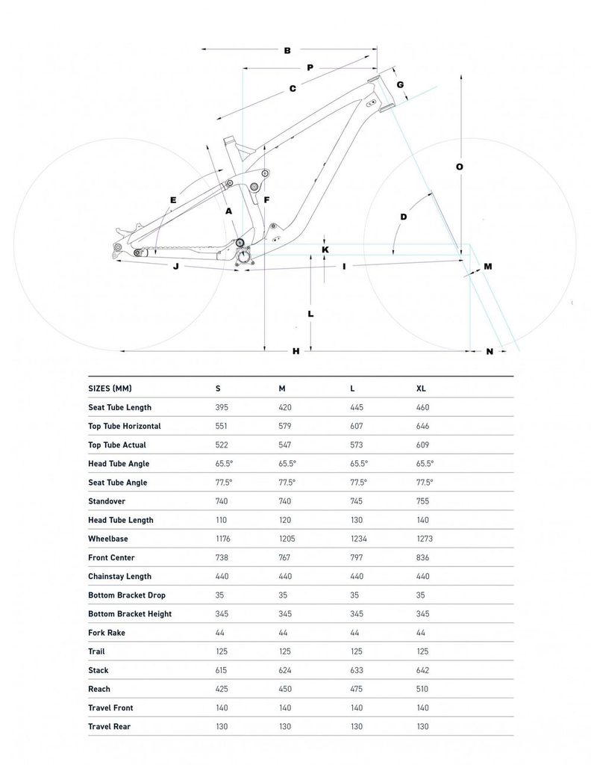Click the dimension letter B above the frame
[x=287, y=51]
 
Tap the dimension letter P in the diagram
[x=310, y=68]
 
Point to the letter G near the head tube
[x=400, y=84]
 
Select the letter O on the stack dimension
[x=460, y=167]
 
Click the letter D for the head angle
[x=404, y=217]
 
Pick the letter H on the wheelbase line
[x=295, y=350]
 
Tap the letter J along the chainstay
[x=175, y=266]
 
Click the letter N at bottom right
[x=490, y=350]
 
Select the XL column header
[x=422, y=388]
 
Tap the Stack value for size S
[x=222, y=670]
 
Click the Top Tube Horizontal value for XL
[x=425, y=426]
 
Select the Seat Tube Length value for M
[x=286, y=407]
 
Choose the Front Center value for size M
[x=286, y=557]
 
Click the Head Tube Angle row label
[x=119, y=463]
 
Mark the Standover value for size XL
[x=424, y=501]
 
